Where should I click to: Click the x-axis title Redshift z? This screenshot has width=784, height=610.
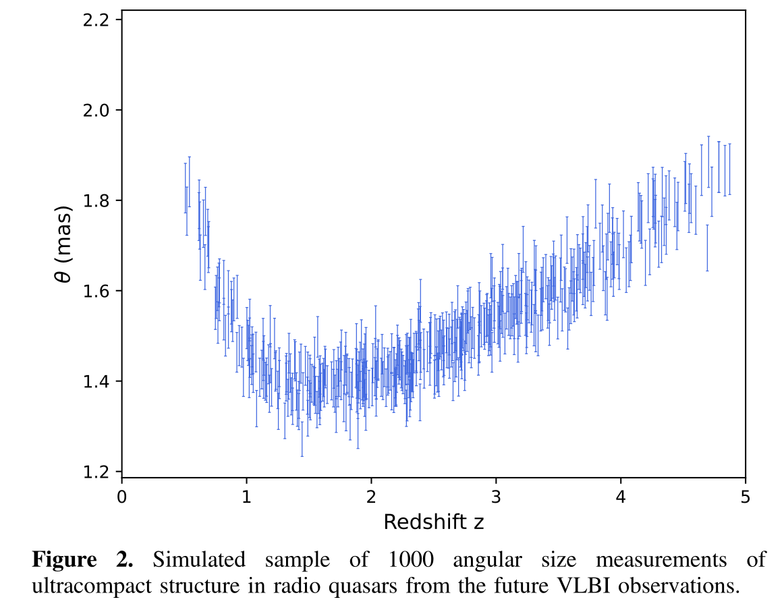coord(434,522)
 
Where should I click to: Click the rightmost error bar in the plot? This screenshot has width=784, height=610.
coord(729,169)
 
